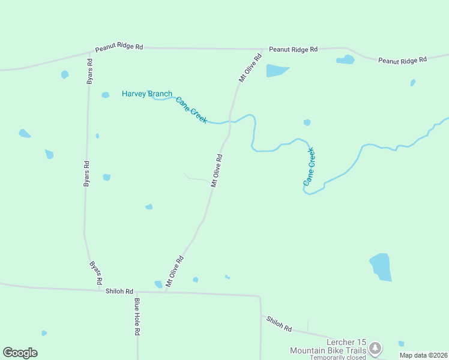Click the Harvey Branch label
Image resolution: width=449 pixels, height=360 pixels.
coord(146,94)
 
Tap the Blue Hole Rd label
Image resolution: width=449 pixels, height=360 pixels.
coord(137,316)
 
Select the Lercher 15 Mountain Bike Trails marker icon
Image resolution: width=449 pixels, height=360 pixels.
coord(375,347)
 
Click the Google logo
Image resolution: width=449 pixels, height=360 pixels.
coord(20,352)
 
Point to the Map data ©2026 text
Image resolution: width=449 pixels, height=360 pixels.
coord(424,355)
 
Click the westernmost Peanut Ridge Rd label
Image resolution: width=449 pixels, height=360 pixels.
coord(119,46)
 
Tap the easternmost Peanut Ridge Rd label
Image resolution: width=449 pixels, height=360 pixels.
coord(402,60)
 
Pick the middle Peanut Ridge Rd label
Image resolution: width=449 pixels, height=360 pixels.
coord(293,49)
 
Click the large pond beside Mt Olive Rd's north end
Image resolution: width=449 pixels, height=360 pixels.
coord(277,70)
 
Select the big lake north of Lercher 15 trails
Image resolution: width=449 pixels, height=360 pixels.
coord(381,267)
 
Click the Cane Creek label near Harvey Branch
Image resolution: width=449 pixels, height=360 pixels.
coord(191,110)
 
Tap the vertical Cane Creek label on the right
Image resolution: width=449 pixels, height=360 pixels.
coord(309,166)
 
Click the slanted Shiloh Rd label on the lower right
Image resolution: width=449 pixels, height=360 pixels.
coord(279,325)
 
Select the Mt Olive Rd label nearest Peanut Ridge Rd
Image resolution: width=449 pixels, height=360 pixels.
coord(251,68)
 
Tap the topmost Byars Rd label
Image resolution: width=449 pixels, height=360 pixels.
coord(89,71)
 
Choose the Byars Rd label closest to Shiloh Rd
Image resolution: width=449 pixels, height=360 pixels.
coord(96,273)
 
